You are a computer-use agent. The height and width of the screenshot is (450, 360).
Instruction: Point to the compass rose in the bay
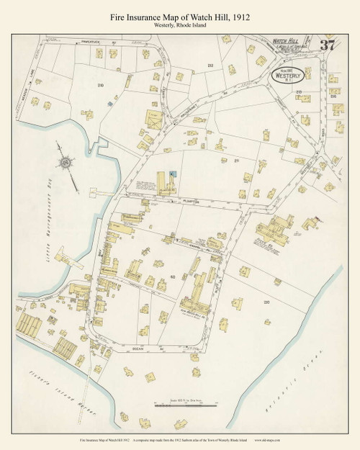pos(66,161)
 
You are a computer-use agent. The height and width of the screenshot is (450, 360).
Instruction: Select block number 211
pos(235,161)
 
